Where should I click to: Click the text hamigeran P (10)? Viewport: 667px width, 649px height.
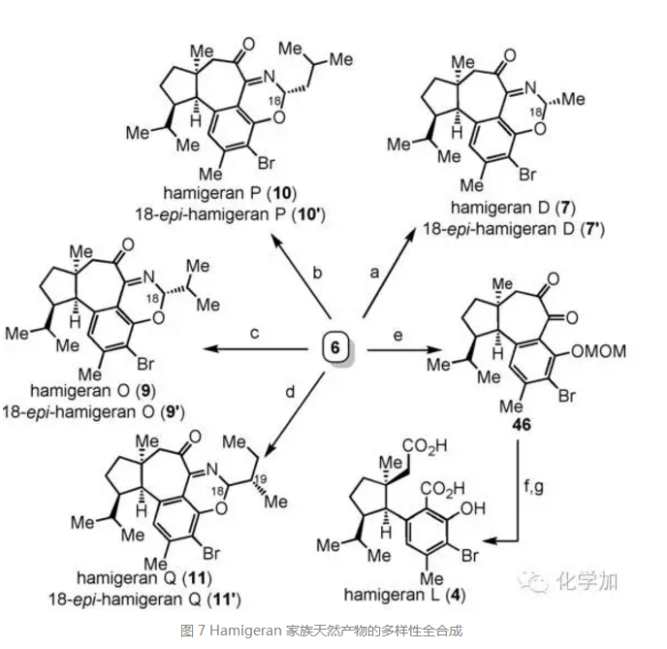coord(241,196)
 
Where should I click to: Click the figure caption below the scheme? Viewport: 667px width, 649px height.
coord(333,632)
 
